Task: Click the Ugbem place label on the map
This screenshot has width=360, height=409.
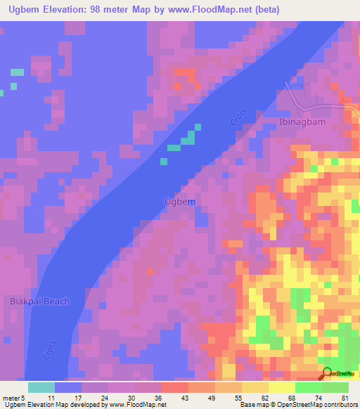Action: [x=179, y=202]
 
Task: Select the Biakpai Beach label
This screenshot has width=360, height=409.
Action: [x=40, y=301]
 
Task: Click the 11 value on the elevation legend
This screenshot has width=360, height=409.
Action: [x=51, y=397]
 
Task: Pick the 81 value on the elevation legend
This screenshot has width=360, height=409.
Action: [x=345, y=397]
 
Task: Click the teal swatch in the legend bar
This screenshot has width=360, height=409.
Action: [x=41, y=387]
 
